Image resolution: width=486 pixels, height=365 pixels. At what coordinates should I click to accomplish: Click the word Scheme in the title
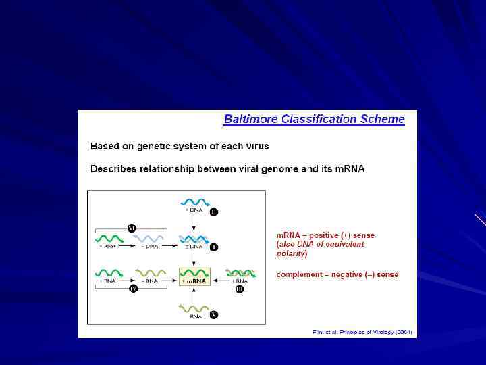pos(381,120)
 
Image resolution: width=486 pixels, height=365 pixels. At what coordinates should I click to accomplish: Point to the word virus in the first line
pos(255,146)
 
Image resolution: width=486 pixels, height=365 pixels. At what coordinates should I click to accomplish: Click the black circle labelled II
pos(214,212)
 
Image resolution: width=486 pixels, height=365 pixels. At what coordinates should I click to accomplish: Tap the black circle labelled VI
pos(132,228)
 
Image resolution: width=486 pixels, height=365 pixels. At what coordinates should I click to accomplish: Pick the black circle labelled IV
pos(133,289)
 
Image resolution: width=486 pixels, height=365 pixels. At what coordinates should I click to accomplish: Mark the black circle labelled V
pos(214,315)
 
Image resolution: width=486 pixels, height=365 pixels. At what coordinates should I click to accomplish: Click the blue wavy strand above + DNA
pos(196,201)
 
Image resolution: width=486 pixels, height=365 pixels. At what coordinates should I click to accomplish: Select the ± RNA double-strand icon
pos(240,273)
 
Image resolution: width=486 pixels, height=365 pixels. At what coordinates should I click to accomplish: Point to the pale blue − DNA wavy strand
pos(149,238)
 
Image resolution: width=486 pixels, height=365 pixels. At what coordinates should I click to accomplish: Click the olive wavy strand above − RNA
pos(149,273)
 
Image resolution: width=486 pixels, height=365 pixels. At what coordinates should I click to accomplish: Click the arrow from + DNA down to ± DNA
pos(195,224)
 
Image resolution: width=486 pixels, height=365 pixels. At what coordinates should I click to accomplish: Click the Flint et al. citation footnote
pos(362,332)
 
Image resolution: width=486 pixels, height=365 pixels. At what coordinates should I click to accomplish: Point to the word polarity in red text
pos(290,253)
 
